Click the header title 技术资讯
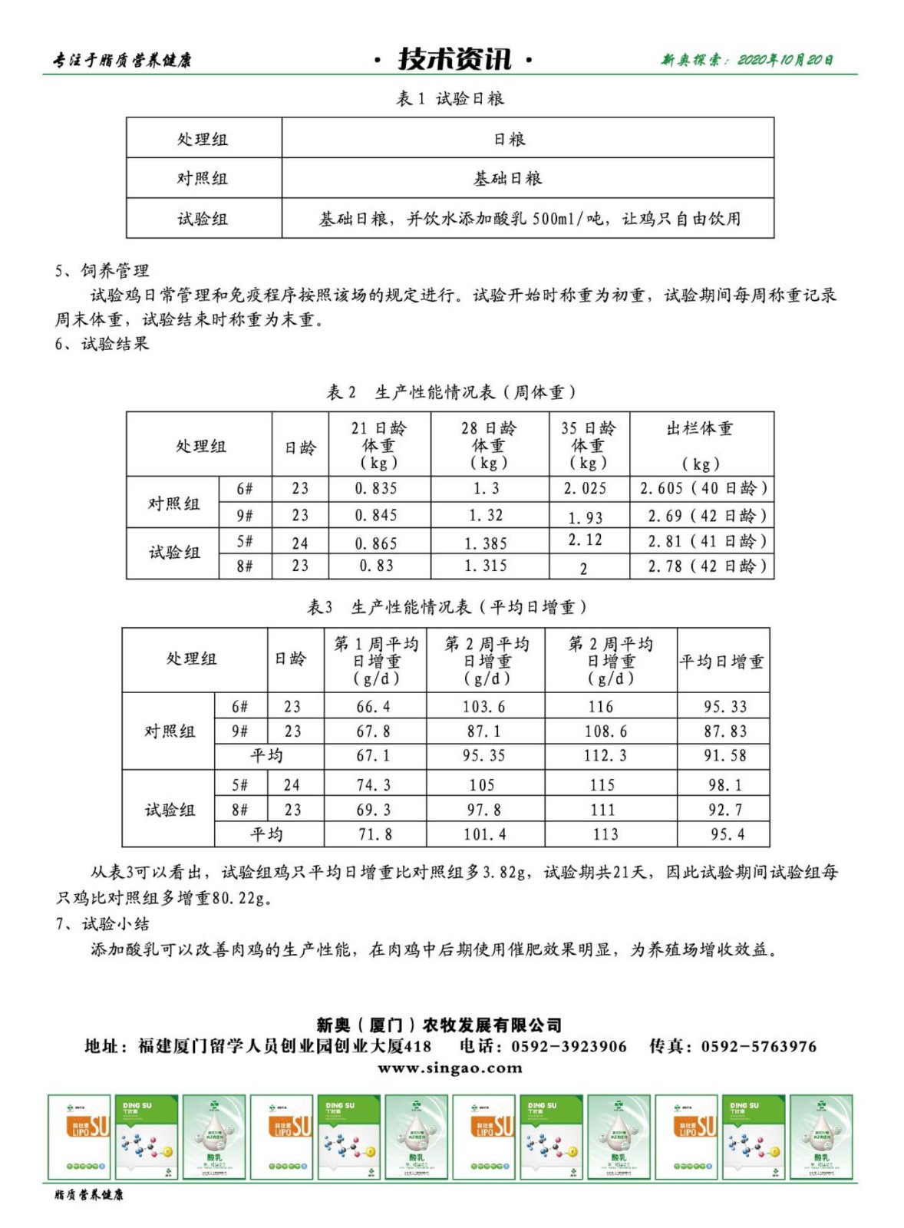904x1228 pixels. pyautogui.click(x=454, y=59)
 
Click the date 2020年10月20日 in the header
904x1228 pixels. pyautogui.click(x=785, y=60)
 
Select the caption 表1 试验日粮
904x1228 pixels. pyautogui.click(x=450, y=98)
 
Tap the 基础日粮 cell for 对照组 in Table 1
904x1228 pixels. pyautogui.click(x=508, y=179)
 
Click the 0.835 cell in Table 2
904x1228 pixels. pyautogui.click(x=376, y=489)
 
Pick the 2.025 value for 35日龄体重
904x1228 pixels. pyautogui.click(x=585, y=489)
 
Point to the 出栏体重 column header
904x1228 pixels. pyautogui.click(x=700, y=429)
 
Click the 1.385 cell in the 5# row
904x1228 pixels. pyautogui.click(x=486, y=543)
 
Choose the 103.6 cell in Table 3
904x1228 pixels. pyautogui.click(x=483, y=707)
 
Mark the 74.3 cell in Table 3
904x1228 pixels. pyautogui.click(x=374, y=785)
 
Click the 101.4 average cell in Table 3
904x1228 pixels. pyautogui.click(x=484, y=834)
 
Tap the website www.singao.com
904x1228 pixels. pyautogui.click(x=450, y=1068)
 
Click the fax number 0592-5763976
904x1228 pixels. pyautogui.click(x=758, y=1047)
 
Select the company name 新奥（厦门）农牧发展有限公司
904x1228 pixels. pyautogui.click(x=439, y=1025)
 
